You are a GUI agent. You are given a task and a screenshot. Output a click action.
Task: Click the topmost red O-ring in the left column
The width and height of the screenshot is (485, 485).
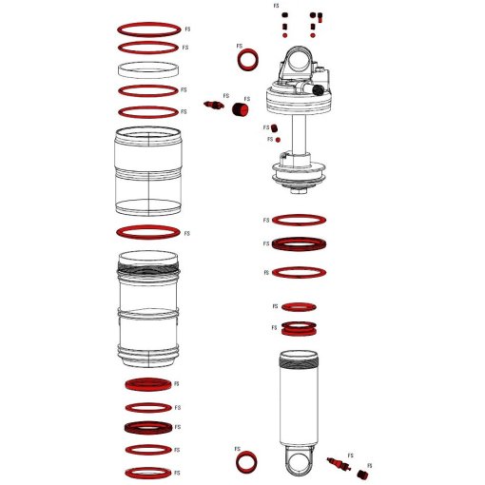pyautogui.click(x=147, y=29)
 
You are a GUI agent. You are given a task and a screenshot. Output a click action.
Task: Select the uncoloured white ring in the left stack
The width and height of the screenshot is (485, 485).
pyautogui.click(x=147, y=69)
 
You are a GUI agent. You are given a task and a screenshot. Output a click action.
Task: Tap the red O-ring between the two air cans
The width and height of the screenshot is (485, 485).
pyautogui.click(x=147, y=232)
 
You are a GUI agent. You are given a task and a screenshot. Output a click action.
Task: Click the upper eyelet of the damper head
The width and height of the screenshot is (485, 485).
pyautogui.click(x=292, y=62)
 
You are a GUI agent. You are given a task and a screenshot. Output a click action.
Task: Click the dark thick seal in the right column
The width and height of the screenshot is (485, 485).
pyautogui.click(x=301, y=243)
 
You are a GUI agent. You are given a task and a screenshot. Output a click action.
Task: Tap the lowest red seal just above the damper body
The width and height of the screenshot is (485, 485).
pyautogui.click(x=301, y=329)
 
